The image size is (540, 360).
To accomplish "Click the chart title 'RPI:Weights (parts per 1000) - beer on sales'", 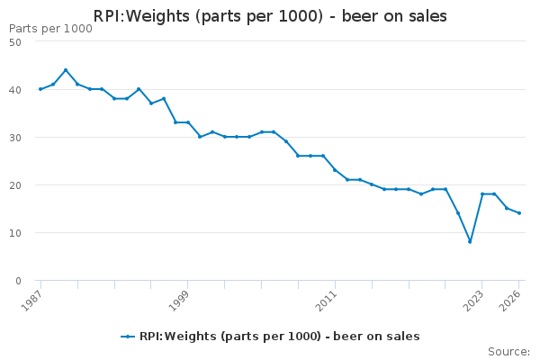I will tap(270, 16).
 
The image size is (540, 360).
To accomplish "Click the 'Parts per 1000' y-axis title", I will tap(50, 29).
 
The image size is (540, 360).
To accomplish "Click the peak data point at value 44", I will tap(66, 70).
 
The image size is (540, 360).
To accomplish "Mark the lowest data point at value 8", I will tap(470, 241).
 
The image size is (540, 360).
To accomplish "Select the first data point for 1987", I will tap(40, 89).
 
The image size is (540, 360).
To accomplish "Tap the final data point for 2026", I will tap(519, 213).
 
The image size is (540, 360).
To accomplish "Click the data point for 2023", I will tap(482, 193).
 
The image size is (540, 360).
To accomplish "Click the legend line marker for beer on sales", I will tap(128, 337).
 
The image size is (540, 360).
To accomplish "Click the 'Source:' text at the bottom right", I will tap(508, 351).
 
